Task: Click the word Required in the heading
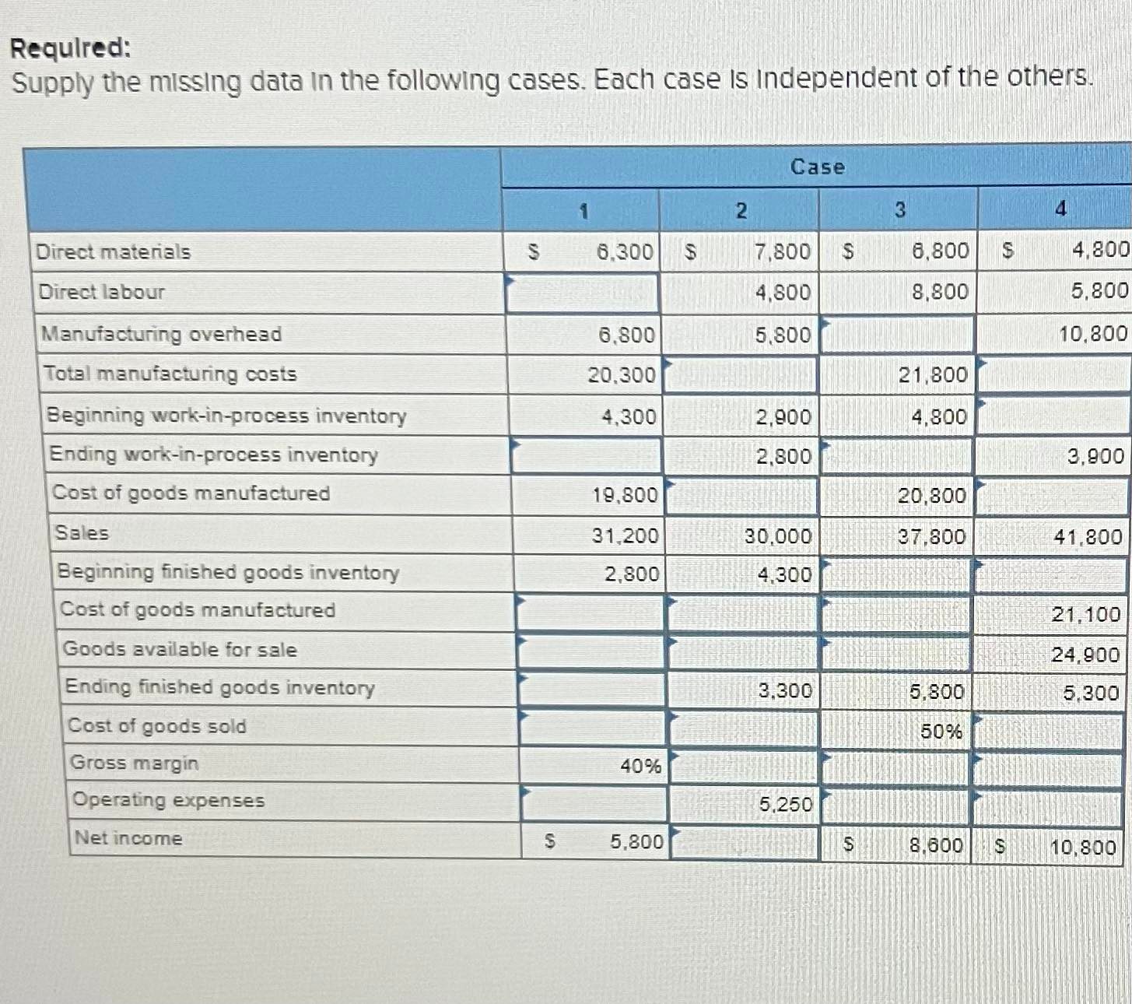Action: (x=70, y=48)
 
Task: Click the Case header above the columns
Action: (x=817, y=167)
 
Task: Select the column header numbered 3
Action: (x=899, y=210)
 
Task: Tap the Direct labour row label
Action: (x=102, y=292)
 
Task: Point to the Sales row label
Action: (x=82, y=533)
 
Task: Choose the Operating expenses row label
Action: (x=168, y=800)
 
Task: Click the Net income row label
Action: (x=128, y=838)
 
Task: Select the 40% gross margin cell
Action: (x=640, y=766)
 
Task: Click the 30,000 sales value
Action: (x=777, y=536)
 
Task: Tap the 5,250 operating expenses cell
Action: (x=785, y=804)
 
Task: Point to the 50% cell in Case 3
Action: (x=941, y=732)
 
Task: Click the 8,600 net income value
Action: (x=935, y=845)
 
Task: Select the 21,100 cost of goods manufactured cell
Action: (x=1085, y=614)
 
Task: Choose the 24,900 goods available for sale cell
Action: (x=1085, y=655)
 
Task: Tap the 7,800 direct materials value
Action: (x=782, y=251)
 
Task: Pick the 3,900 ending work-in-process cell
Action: (x=1095, y=456)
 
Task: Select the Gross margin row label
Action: (x=135, y=763)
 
